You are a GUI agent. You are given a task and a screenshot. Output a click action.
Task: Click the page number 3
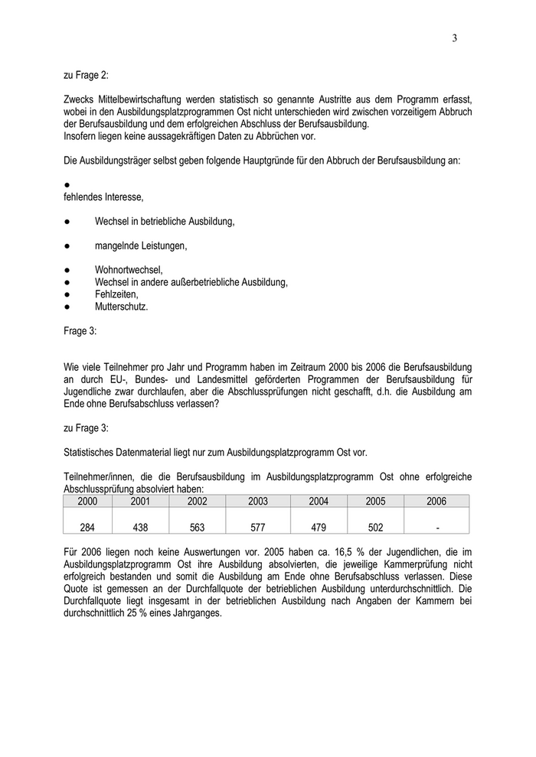pyautogui.click(x=454, y=39)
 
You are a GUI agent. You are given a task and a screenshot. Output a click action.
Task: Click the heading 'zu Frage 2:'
pyautogui.click(x=86, y=76)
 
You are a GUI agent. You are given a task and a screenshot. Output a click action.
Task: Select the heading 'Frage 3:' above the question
pyautogui.click(x=80, y=332)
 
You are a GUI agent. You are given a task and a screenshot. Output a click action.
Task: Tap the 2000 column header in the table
pyautogui.click(x=87, y=502)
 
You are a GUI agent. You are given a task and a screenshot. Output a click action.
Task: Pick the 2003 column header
pyautogui.click(x=258, y=502)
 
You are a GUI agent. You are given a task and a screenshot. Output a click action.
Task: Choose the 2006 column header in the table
pyautogui.click(x=436, y=502)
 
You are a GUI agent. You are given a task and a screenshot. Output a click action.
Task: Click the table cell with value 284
pyautogui.click(x=87, y=527)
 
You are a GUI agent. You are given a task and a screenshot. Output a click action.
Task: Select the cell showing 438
pyautogui.click(x=139, y=527)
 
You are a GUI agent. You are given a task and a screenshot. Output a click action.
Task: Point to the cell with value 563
pyautogui.click(x=197, y=527)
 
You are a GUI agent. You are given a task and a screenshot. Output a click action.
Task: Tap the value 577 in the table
pyautogui.click(x=258, y=527)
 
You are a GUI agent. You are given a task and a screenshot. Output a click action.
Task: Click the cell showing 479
pyautogui.click(x=319, y=527)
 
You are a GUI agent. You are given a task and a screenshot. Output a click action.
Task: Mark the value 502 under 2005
pyautogui.click(x=375, y=527)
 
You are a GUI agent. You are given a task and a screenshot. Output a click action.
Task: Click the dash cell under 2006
pyautogui.click(x=436, y=527)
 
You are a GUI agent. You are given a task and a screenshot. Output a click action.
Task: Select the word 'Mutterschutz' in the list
pyautogui.click(x=121, y=307)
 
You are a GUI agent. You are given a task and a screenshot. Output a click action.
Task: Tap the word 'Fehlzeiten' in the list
pyautogui.click(x=116, y=294)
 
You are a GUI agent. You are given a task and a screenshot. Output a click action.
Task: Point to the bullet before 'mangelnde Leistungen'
pyautogui.click(x=67, y=245)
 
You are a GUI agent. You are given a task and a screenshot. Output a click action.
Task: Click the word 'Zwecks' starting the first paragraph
pyautogui.click(x=79, y=99)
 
